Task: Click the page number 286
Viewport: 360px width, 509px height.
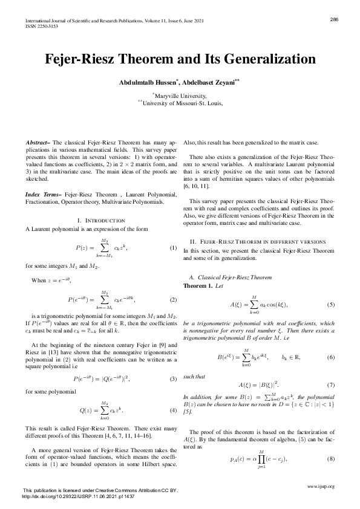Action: tap(333, 19)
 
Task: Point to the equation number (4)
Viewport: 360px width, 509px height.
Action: tap(172, 410)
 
